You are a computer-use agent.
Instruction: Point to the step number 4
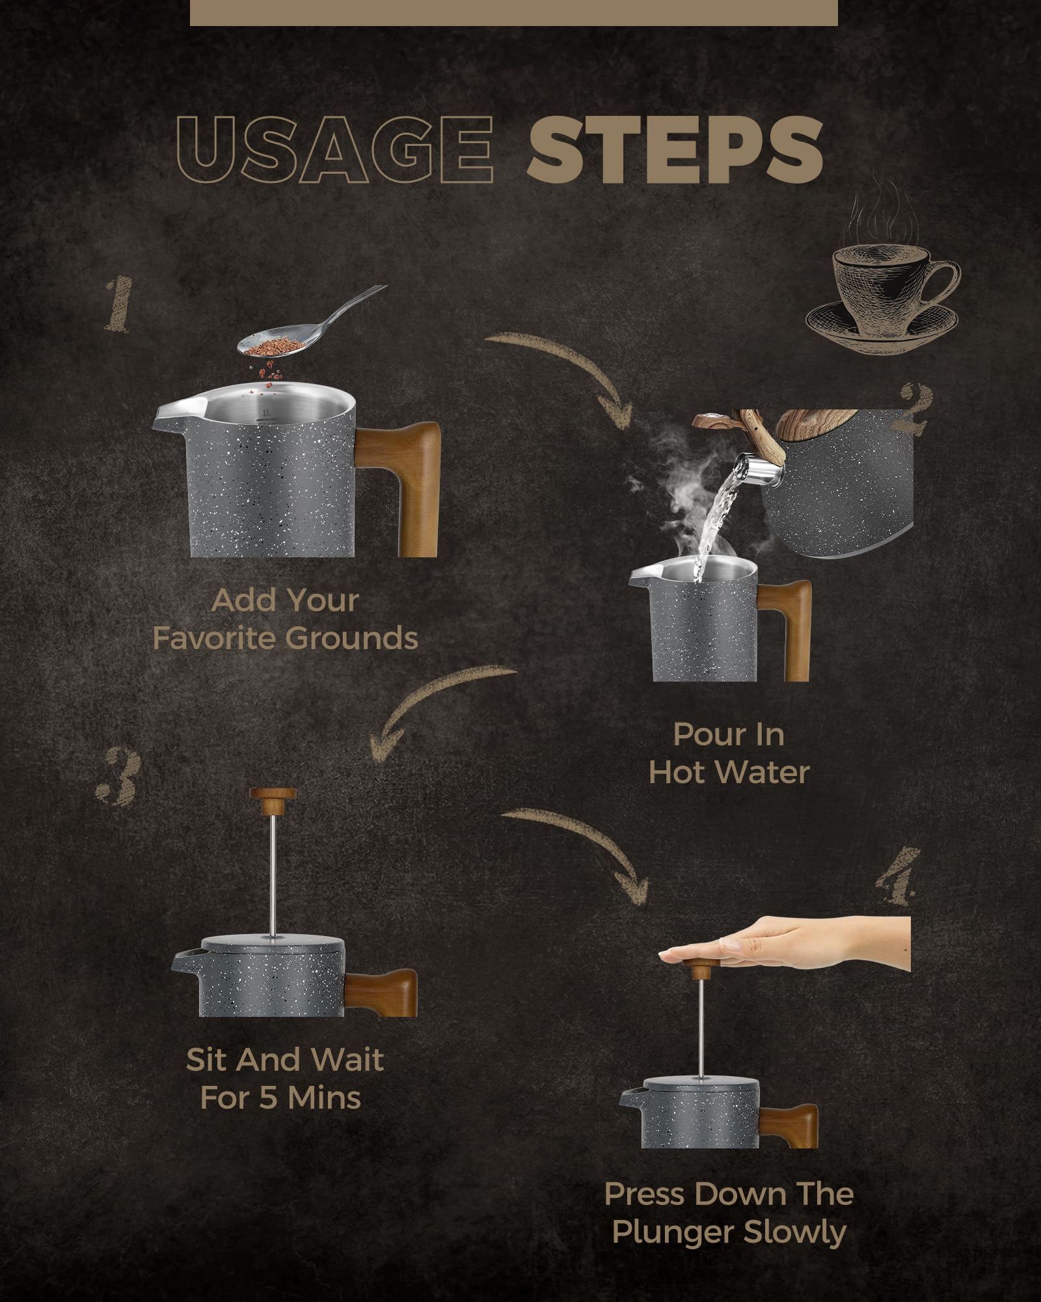click(x=897, y=876)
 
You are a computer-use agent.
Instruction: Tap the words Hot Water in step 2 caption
click(x=729, y=773)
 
